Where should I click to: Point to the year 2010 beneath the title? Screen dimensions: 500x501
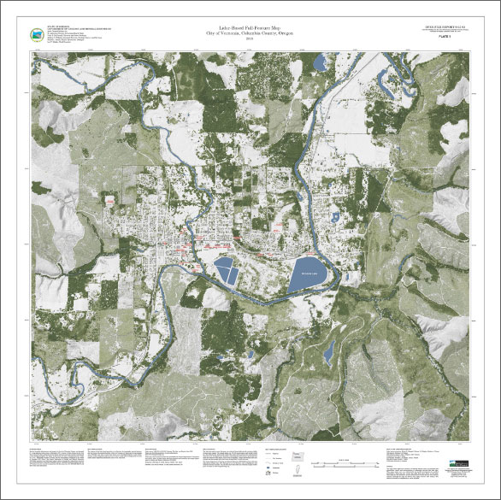249,39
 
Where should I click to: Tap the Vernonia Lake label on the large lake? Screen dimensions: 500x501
304,274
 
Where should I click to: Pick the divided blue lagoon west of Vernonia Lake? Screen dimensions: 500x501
227,270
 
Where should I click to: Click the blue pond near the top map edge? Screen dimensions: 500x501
321,62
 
